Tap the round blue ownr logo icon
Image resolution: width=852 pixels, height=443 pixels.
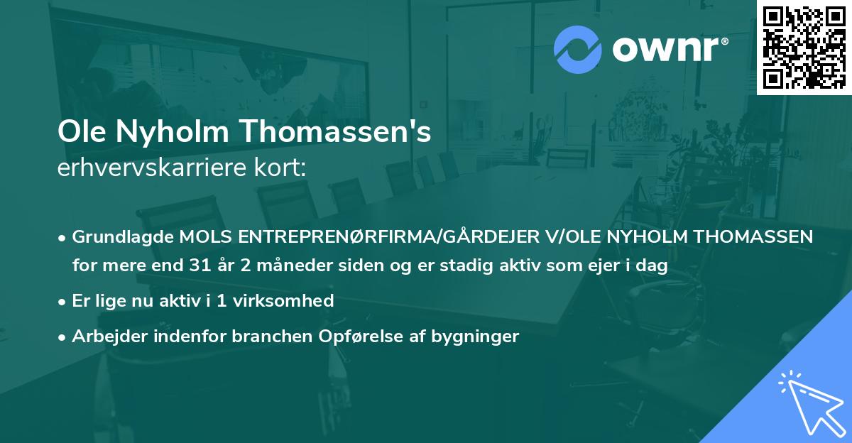[x=578, y=49]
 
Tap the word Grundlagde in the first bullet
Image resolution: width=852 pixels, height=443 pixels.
[x=120, y=236]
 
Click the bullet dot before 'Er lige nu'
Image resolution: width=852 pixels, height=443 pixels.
[x=63, y=300]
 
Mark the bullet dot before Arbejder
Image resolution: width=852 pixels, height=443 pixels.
[x=63, y=337]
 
